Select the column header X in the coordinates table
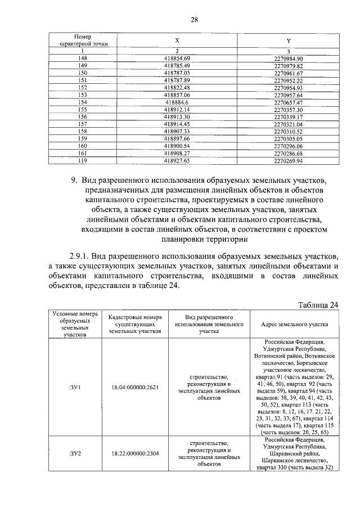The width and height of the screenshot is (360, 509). pos(177,40)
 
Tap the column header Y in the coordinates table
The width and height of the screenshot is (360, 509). pos(289,40)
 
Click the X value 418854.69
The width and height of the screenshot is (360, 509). pos(177,58)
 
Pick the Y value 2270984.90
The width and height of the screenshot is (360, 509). pos(289,58)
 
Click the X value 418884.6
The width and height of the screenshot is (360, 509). pos(177,102)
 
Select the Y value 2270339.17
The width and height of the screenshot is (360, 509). pos(289,117)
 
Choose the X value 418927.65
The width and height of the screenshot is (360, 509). pos(177,160)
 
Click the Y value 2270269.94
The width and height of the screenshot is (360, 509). pos(289,160)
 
